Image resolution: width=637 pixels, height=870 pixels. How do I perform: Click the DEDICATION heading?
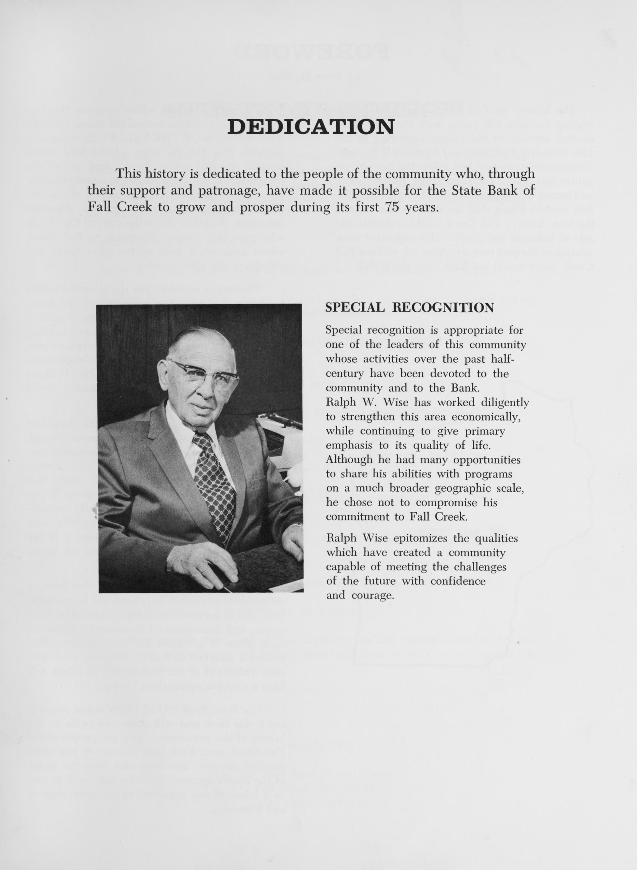311,126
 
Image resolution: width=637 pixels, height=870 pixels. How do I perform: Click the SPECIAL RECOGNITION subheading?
409,308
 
